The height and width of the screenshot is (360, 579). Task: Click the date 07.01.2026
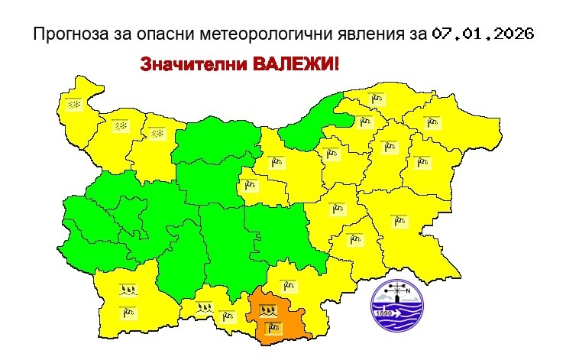[482, 34]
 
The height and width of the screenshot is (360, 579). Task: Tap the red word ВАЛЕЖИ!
[293, 64]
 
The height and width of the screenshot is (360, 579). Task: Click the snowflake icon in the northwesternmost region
[75, 104]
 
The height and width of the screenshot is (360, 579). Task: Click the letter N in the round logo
[407, 290]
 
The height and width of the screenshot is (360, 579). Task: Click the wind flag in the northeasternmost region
[433, 121]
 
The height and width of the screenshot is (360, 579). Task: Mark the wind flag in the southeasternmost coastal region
[397, 220]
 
